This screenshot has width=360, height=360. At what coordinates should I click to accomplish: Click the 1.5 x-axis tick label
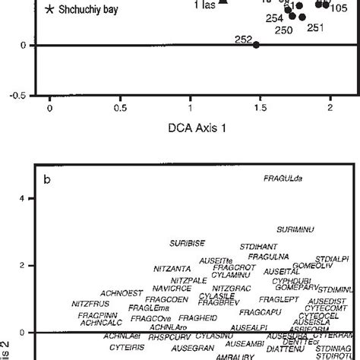pyautogui.click(x=259, y=109)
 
